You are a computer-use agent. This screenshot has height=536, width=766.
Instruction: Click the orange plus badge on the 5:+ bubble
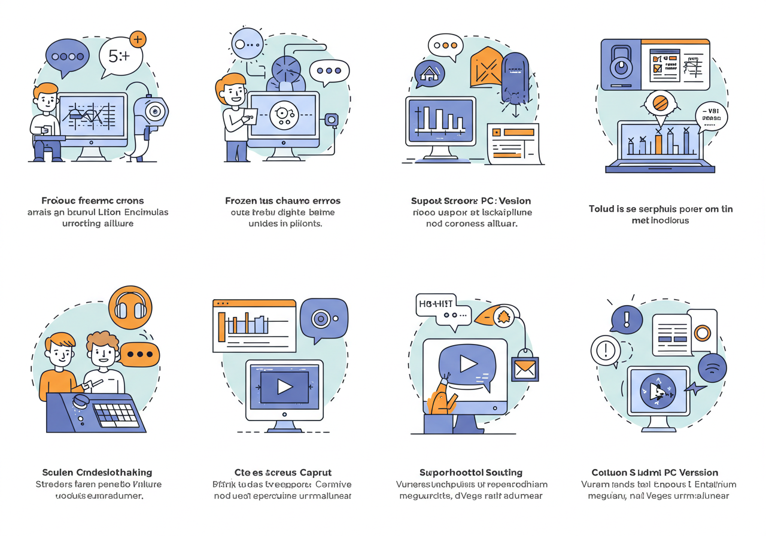click(138, 40)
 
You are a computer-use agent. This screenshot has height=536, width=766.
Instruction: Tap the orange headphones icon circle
click(130, 307)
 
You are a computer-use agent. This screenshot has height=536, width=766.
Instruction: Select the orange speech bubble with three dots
click(139, 354)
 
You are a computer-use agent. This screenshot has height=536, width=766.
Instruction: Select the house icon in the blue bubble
click(429, 74)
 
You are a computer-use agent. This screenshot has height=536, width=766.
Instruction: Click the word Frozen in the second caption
click(241, 200)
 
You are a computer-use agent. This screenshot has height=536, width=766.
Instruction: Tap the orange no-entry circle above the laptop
click(661, 103)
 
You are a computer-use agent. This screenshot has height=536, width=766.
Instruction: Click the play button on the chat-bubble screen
click(467, 363)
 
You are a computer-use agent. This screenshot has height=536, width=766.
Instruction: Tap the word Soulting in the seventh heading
click(500, 473)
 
